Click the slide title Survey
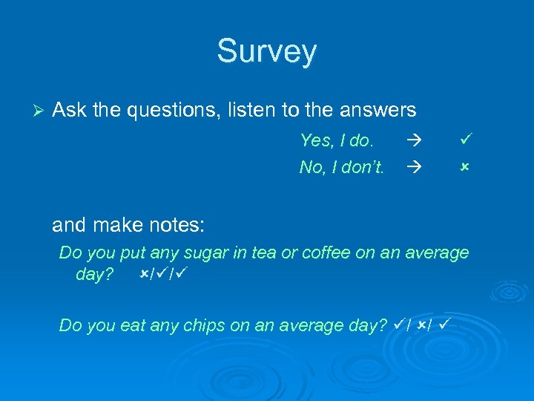pyautogui.click(x=266, y=51)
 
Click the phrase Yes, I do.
pyautogui.click(x=337, y=140)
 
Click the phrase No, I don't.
pyautogui.click(x=341, y=167)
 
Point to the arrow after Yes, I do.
pyautogui.click(x=413, y=140)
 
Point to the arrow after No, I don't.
pyautogui.click(x=413, y=167)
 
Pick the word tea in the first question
pyautogui.click(x=263, y=252)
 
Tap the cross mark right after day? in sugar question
pyautogui.click(x=142, y=275)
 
